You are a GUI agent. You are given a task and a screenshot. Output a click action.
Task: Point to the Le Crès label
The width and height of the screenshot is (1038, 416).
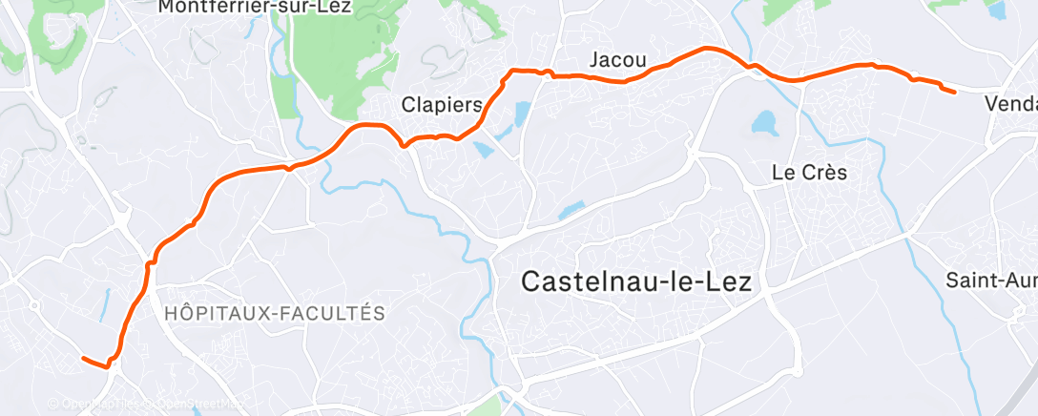(809, 173)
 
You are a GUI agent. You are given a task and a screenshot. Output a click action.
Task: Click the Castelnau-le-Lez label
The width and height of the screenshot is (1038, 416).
(636, 281)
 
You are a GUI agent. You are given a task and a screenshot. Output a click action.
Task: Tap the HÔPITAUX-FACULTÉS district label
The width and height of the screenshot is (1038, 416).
(275, 313)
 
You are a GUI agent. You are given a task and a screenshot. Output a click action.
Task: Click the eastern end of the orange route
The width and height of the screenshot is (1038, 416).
(954, 92)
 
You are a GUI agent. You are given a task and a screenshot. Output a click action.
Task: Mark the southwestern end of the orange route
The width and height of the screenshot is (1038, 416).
(84, 359)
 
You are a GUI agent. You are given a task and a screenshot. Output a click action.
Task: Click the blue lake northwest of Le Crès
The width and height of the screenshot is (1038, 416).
(764, 122)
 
